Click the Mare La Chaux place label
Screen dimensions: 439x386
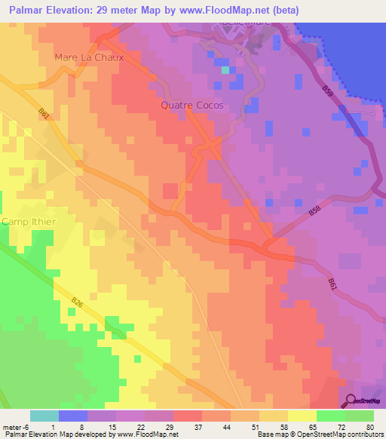[x=88, y=57]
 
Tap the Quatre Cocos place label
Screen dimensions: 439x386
[x=192, y=106]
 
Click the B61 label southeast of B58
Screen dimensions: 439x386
[x=332, y=284]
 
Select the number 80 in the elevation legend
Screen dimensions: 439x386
[x=369, y=428]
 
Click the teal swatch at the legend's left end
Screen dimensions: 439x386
[x=44, y=416]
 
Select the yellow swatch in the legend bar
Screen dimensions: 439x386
[x=302, y=416]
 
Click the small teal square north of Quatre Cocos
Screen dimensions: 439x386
[x=225, y=69]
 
